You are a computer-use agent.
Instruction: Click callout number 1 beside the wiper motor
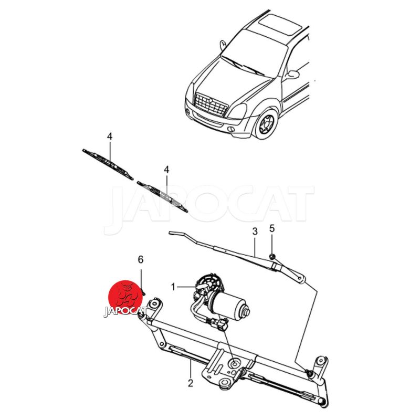(173, 287)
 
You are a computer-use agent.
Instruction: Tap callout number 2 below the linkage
(191, 383)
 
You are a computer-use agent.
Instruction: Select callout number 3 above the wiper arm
(255, 232)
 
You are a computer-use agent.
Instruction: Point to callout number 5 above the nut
(272, 228)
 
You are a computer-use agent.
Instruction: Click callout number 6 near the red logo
(141, 259)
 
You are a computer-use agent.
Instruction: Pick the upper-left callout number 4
(110, 136)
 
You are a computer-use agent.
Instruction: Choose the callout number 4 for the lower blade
(166, 170)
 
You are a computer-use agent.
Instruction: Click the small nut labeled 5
(271, 257)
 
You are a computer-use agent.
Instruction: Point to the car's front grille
(211, 104)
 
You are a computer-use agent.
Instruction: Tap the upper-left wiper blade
(108, 164)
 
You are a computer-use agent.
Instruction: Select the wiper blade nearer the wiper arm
(162, 196)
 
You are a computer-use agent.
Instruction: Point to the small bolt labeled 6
(143, 291)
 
